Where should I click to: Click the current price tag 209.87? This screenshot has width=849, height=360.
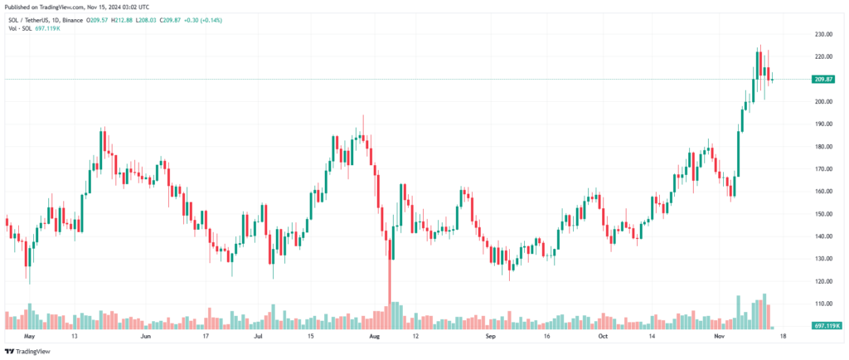pyautogui.click(x=822, y=80)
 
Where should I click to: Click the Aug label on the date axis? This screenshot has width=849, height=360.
pyautogui.click(x=374, y=338)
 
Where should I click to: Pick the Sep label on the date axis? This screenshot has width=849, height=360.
pyautogui.click(x=489, y=338)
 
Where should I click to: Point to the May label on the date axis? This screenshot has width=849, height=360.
pyautogui.click(x=30, y=338)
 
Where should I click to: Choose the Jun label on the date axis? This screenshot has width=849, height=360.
pyautogui.click(x=145, y=338)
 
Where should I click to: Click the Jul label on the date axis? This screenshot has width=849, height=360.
pyautogui.click(x=258, y=338)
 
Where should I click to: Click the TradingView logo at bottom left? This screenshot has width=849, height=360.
pyautogui.click(x=27, y=352)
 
